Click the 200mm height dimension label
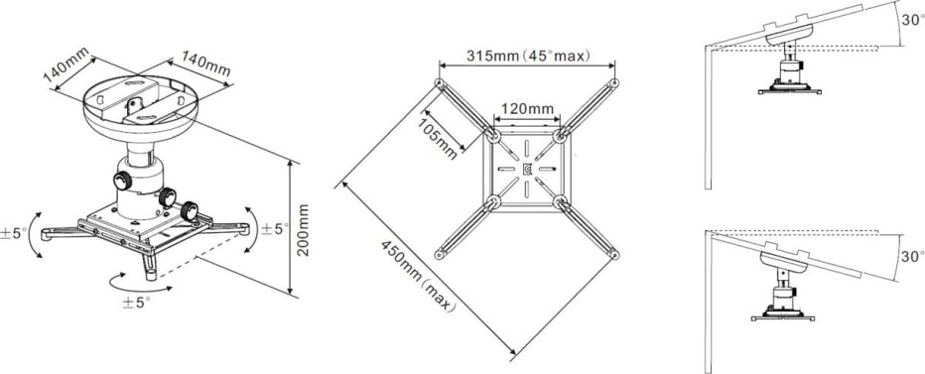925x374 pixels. click(x=305, y=230)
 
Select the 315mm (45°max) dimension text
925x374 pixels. click(x=525, y=56)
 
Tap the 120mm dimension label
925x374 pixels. click(x=526, y=107)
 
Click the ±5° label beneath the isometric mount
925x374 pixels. click(x=136, y=300)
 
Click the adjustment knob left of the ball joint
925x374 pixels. click(x=124, y=182)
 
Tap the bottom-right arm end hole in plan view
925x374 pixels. click(x=614, y=255)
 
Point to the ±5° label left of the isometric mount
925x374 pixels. click(x=15, y=233)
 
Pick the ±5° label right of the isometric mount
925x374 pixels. click(x=275, y=228)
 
